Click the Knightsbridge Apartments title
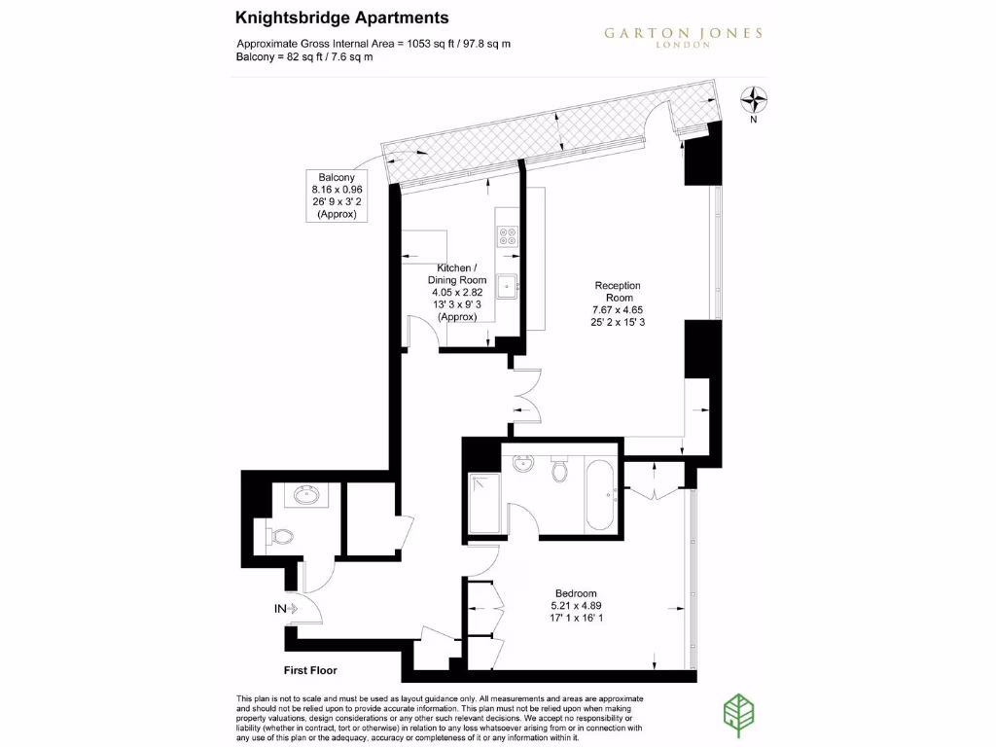[x=342, y=18]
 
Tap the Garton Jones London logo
[x=683, y=36]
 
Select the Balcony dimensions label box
[x=336, y=196]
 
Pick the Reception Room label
[x=619, y=303]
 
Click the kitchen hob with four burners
[x=508, y=236]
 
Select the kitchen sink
[x=508, y=286]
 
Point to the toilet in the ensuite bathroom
[x=558, y=470]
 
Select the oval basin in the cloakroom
[x=306, y=496]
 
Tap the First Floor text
[x=310, y=670]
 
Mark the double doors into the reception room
[x=526, y=395]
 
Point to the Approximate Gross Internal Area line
[x=374, y=44]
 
